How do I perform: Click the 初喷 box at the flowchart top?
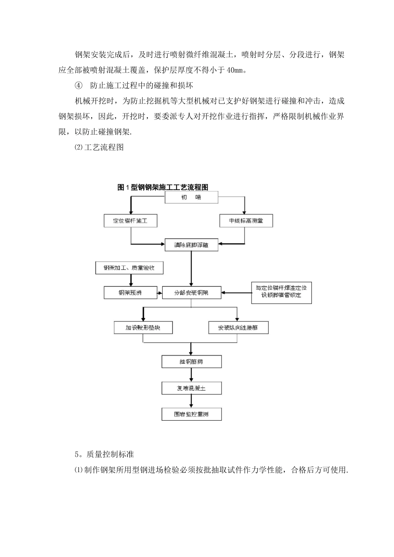(x=191, y=198)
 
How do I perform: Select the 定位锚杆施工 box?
(x=131, y=221)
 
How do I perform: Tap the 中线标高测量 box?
(x=246, y=221)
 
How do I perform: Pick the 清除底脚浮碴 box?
(x=191, y=245)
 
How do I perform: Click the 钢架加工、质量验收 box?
(x=129, y=268)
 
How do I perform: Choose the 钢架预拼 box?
(x=130, y=293)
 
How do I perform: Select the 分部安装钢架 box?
(x=191, y=293)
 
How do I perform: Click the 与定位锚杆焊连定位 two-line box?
(x=281, y=293)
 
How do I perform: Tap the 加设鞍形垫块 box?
(x=143, y=328)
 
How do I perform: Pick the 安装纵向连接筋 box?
(x=238, y=328)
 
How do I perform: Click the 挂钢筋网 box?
(x=191, y=362)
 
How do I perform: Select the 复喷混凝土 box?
(x=191, y=388)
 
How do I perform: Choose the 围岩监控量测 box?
(x=191, y=414)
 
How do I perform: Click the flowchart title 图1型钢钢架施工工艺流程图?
(x=163, y=187)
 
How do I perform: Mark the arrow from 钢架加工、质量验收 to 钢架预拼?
(x=129, y=280)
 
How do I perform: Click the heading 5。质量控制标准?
(x=104, y=455)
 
